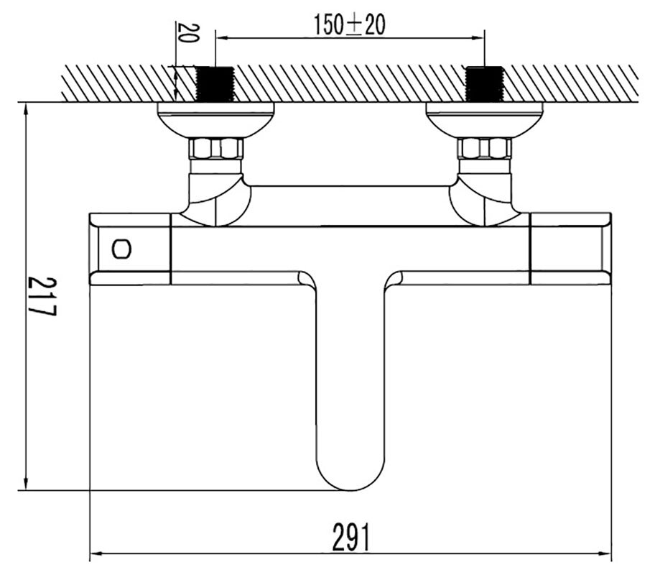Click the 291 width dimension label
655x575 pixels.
point(351,538)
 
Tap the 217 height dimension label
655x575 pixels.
point(42,296)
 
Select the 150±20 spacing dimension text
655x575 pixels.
point(349,24)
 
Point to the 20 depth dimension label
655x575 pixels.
point(188,33)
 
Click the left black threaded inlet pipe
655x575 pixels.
point(215,84)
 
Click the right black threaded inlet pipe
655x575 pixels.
point(484,84)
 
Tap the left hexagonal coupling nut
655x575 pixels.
point(215,149)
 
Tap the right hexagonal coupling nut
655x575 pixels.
point(485,149)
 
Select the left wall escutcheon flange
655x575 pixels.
point(215,120)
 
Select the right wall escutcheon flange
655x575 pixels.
point(485,120)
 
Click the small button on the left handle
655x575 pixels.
point(121,249)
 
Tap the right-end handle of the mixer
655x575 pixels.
point(570,249)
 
